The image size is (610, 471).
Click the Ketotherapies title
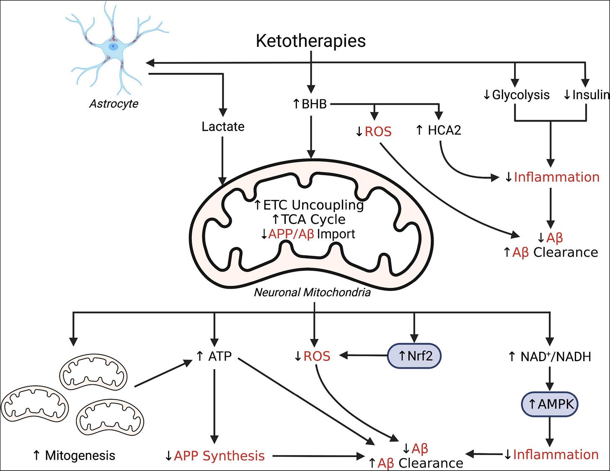pyautogui.click(x=310, y=41)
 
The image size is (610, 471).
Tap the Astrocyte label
pyautogui.click(x=114, y=104)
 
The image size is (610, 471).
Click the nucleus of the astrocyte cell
pyautogui.click(x=113, y=47)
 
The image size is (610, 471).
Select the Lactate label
pyautogui.click(x=223, y=127)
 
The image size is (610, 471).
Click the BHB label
pyautogui.click(x=314, y=104)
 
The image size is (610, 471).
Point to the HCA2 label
pyautogui.click(x=444, y=130)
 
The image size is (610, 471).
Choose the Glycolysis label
pyautogui.click(x=520, y=95)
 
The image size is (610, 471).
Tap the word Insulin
pyautogui.click(x=590, y=95)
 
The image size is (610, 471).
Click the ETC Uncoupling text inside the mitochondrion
pyautogui.click(x=313, y=205)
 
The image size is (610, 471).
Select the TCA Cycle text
pyautogui.click(x=313, y=219)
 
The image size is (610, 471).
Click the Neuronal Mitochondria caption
pyautogui.click(x=312, y=292)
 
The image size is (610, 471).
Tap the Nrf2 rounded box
pyautogui.click(x=414, y=356)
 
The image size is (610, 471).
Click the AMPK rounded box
pyautogui.click(x=550, y=404)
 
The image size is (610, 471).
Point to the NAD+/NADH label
pyautogui.click(x=555, y=357)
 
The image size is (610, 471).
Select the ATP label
pyautogui.click(x=220, y=356)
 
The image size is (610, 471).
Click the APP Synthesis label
pyautogui.click(x=219, y=455)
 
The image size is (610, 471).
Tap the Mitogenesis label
pyautogui.click(x=80, y=455)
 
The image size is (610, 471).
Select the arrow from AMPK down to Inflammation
pyautogui.click(x=550, y=432)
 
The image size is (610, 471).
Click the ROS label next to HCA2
pyautogui.click(x=378, y=132)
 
